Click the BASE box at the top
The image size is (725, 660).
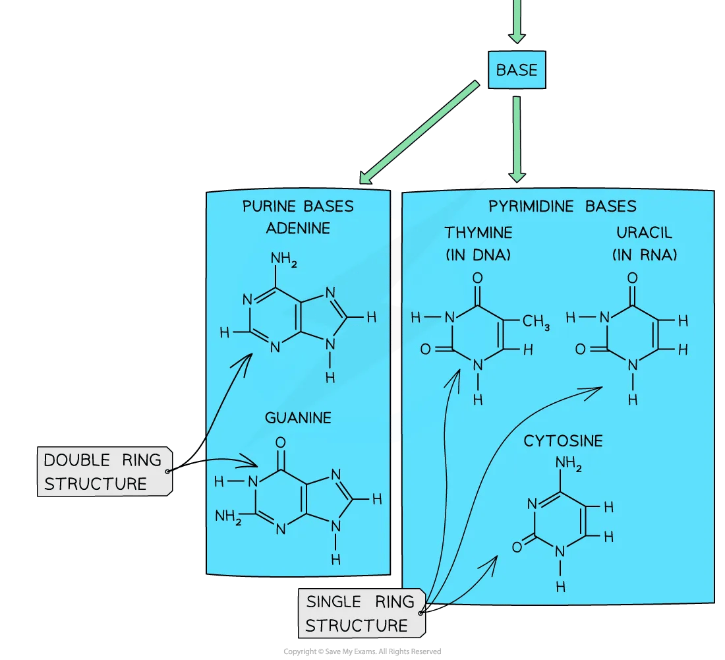pyautogui.click(x=517, y=70)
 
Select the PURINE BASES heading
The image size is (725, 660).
pyautogui.click(x=298, y=206)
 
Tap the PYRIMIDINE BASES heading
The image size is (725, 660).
pyautogui.click(x=562, y=206)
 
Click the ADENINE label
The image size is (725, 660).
pyautogui.click(x=298, y=228)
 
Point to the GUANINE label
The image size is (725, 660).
pyautogui.click(x=298, y=418)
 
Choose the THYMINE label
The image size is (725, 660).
pyautogui.click(x=478, y=233)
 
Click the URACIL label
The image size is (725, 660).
pyautogui.click(x=644, y=233)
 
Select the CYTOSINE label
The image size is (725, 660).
pyautogui.click(x=563, y=441)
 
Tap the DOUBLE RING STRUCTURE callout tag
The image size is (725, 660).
pyautogui.click(x=105, y=472)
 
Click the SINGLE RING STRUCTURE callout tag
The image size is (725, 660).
pyautogui.click(x=362, y=613)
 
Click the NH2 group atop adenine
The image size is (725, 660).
pyautogui.click(x=283, y=259)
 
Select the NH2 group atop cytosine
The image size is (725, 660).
pyautogui.click(x=568, y=464)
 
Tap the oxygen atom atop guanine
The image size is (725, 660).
pyautogui.click(x=280, y=443)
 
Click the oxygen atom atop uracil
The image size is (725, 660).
pyautogui.click(x=633, y=278)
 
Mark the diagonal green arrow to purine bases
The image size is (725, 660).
pyautogui.click(x=419, y=133)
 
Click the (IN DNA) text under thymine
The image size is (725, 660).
pyautogui.click(x=478, y=255)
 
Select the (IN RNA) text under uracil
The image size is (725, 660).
pyautogui.click(x=645, y=255)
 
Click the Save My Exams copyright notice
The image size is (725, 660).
pyautogui.click(x=362, y=651)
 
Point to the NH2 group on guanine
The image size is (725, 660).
pyautogui.click(x=228, y=516)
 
